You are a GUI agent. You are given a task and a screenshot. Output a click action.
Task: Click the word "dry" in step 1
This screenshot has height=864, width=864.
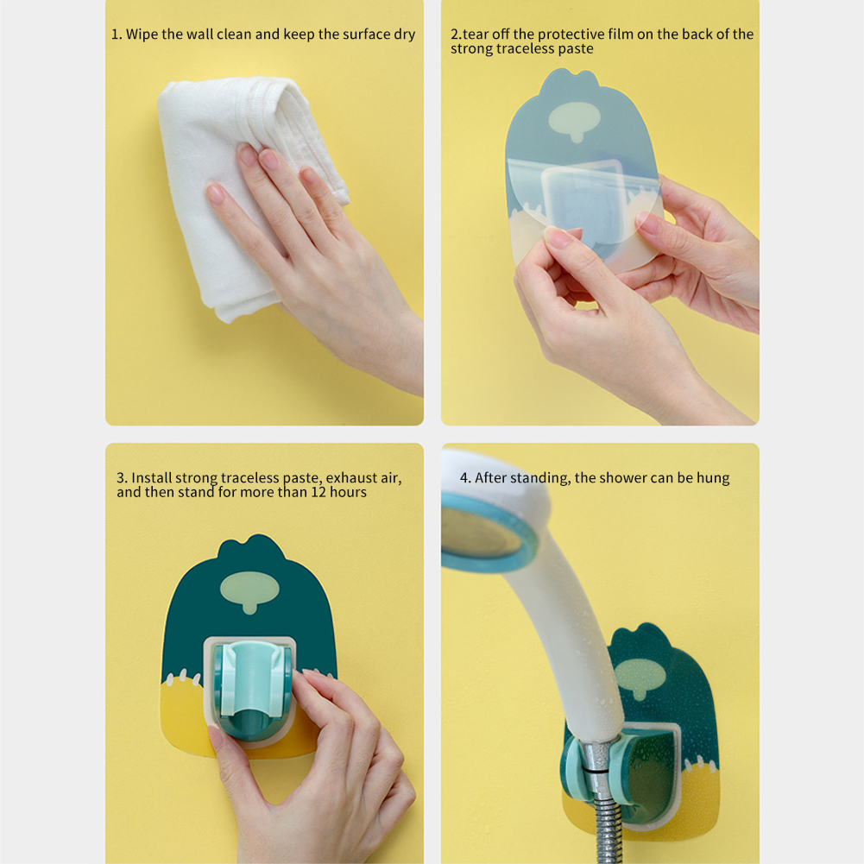pos(405,35)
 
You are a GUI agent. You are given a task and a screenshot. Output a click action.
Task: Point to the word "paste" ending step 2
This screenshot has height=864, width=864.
pos(576,49)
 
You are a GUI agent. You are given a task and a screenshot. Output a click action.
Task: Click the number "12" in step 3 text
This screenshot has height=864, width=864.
pos(318,492)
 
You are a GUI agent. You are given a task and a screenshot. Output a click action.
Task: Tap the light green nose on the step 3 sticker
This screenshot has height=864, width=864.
pos(249,591)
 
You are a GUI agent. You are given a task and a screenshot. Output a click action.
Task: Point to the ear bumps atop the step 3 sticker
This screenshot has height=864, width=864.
pos(251,546)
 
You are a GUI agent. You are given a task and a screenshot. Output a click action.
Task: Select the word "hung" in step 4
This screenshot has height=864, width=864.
pos(713,478)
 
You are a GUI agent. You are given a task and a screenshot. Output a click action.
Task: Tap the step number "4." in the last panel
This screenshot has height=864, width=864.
pos(465,477)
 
